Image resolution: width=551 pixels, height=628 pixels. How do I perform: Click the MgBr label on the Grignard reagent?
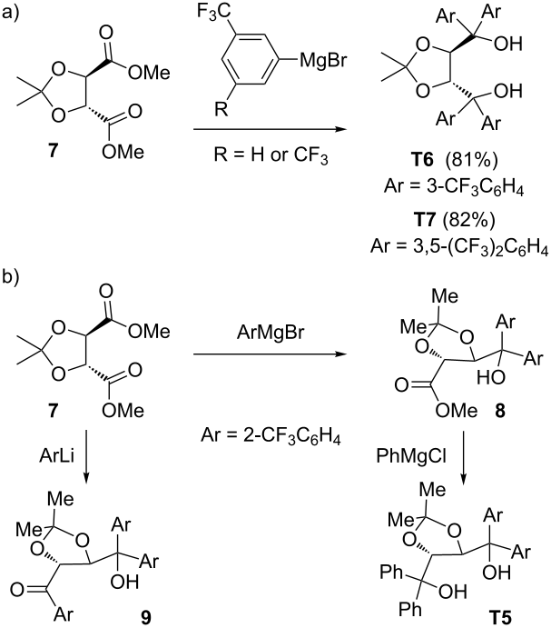(323, 61)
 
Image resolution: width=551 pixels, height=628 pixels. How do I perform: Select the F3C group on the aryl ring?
(213, 12)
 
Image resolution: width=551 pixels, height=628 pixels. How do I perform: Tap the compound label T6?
(423, 160)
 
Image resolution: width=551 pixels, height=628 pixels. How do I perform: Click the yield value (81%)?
(475, 160)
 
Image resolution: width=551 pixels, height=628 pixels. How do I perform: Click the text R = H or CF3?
(271, 155)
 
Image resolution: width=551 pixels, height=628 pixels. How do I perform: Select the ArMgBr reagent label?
(271, 333)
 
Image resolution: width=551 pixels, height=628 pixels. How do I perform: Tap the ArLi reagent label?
(57, 456)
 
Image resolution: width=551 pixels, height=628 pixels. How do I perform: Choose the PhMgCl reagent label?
(411, 456)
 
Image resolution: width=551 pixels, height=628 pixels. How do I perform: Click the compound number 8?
(500, 411)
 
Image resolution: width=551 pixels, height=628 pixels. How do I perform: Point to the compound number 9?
(145, 617)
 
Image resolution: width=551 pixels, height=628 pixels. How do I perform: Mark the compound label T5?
(500, 617)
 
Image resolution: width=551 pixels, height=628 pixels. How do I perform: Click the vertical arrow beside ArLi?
(86, 456)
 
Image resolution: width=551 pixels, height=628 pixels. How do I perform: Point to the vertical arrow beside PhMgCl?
(464, 456)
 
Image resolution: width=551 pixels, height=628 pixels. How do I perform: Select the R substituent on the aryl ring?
(221, 108)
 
